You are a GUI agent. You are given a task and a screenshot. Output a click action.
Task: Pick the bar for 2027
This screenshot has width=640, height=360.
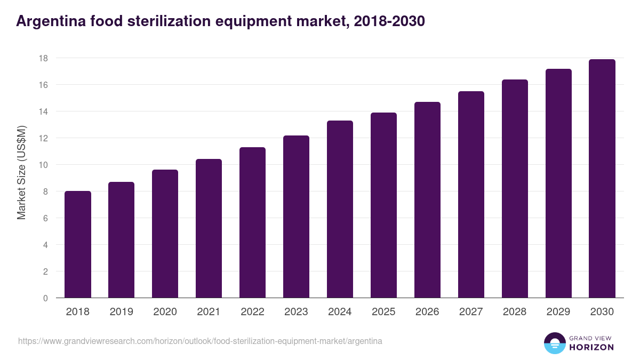click(471, 195)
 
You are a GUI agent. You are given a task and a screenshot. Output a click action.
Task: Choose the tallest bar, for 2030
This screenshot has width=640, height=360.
click(602, 179)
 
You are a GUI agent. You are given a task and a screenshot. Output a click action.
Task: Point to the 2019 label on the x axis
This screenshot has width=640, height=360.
click(121, 312)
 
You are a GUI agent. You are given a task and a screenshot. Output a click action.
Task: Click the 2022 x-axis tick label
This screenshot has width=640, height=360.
click(252, 312)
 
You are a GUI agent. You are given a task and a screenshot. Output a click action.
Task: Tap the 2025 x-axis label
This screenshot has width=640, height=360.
click(383, 312)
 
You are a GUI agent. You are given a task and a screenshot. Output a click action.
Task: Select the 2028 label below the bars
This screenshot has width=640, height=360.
click(515, 312)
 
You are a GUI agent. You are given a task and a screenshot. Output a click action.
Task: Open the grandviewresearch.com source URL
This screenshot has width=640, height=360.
click(200, 341)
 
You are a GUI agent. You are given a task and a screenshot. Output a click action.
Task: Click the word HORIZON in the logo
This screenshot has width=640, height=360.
click(590, 347)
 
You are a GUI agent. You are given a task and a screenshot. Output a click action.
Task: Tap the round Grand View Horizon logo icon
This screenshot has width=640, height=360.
click(554, 343)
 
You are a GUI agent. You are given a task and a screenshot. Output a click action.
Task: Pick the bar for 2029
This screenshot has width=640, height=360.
click(558, 183)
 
